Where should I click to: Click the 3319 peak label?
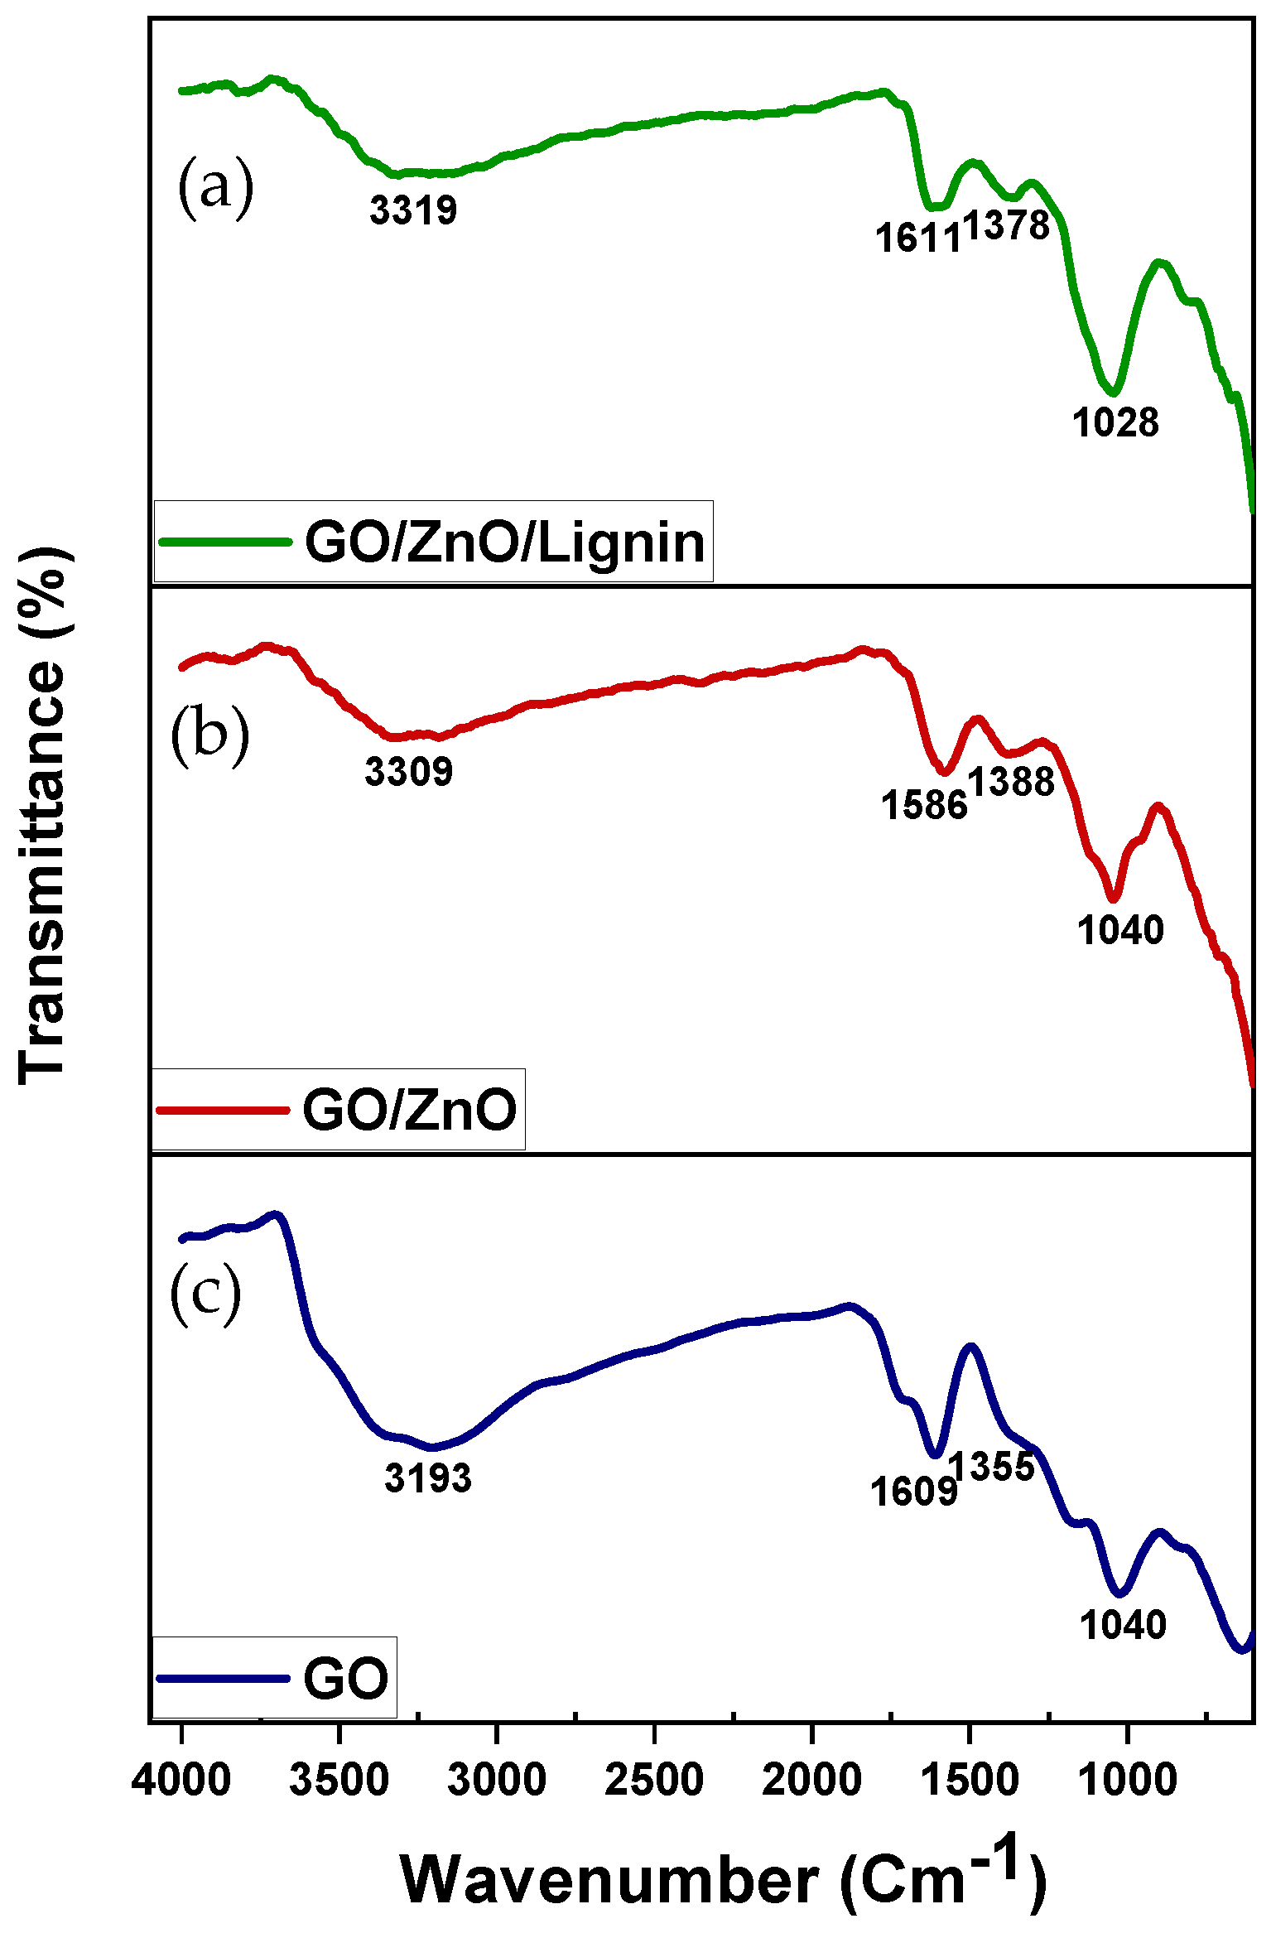[x=413, y=210]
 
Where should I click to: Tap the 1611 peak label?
[x=918, y=239]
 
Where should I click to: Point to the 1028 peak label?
[x=1115, y=422]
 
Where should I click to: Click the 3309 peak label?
[x=409, y=772]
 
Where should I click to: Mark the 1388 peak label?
[x=1012, y=781]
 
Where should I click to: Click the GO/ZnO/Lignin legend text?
[x=505, y=543]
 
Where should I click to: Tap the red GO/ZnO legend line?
[x=224, y=1110]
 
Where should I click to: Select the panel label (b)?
[x=209, y=734]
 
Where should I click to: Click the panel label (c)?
[x=205, y=1294]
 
